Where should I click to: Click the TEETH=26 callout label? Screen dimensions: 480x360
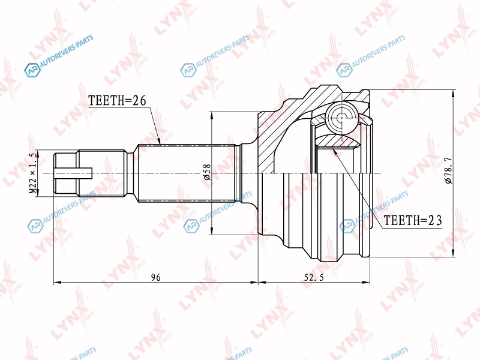(x=117, y=100)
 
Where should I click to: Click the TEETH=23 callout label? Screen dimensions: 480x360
(x=413, y=220)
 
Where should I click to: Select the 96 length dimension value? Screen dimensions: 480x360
(x=156, y=277)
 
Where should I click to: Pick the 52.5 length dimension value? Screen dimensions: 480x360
(x=314, y=277)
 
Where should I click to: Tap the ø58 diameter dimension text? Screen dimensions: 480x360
(x=207, y=172)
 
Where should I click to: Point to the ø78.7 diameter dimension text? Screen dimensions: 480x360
(x=448, y=170)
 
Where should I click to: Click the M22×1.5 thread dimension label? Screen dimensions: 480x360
(x=33, y=173)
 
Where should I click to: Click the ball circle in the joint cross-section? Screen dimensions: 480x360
(x=341, y=118)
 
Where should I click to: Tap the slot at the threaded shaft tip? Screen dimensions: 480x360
(x=73, y=173)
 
